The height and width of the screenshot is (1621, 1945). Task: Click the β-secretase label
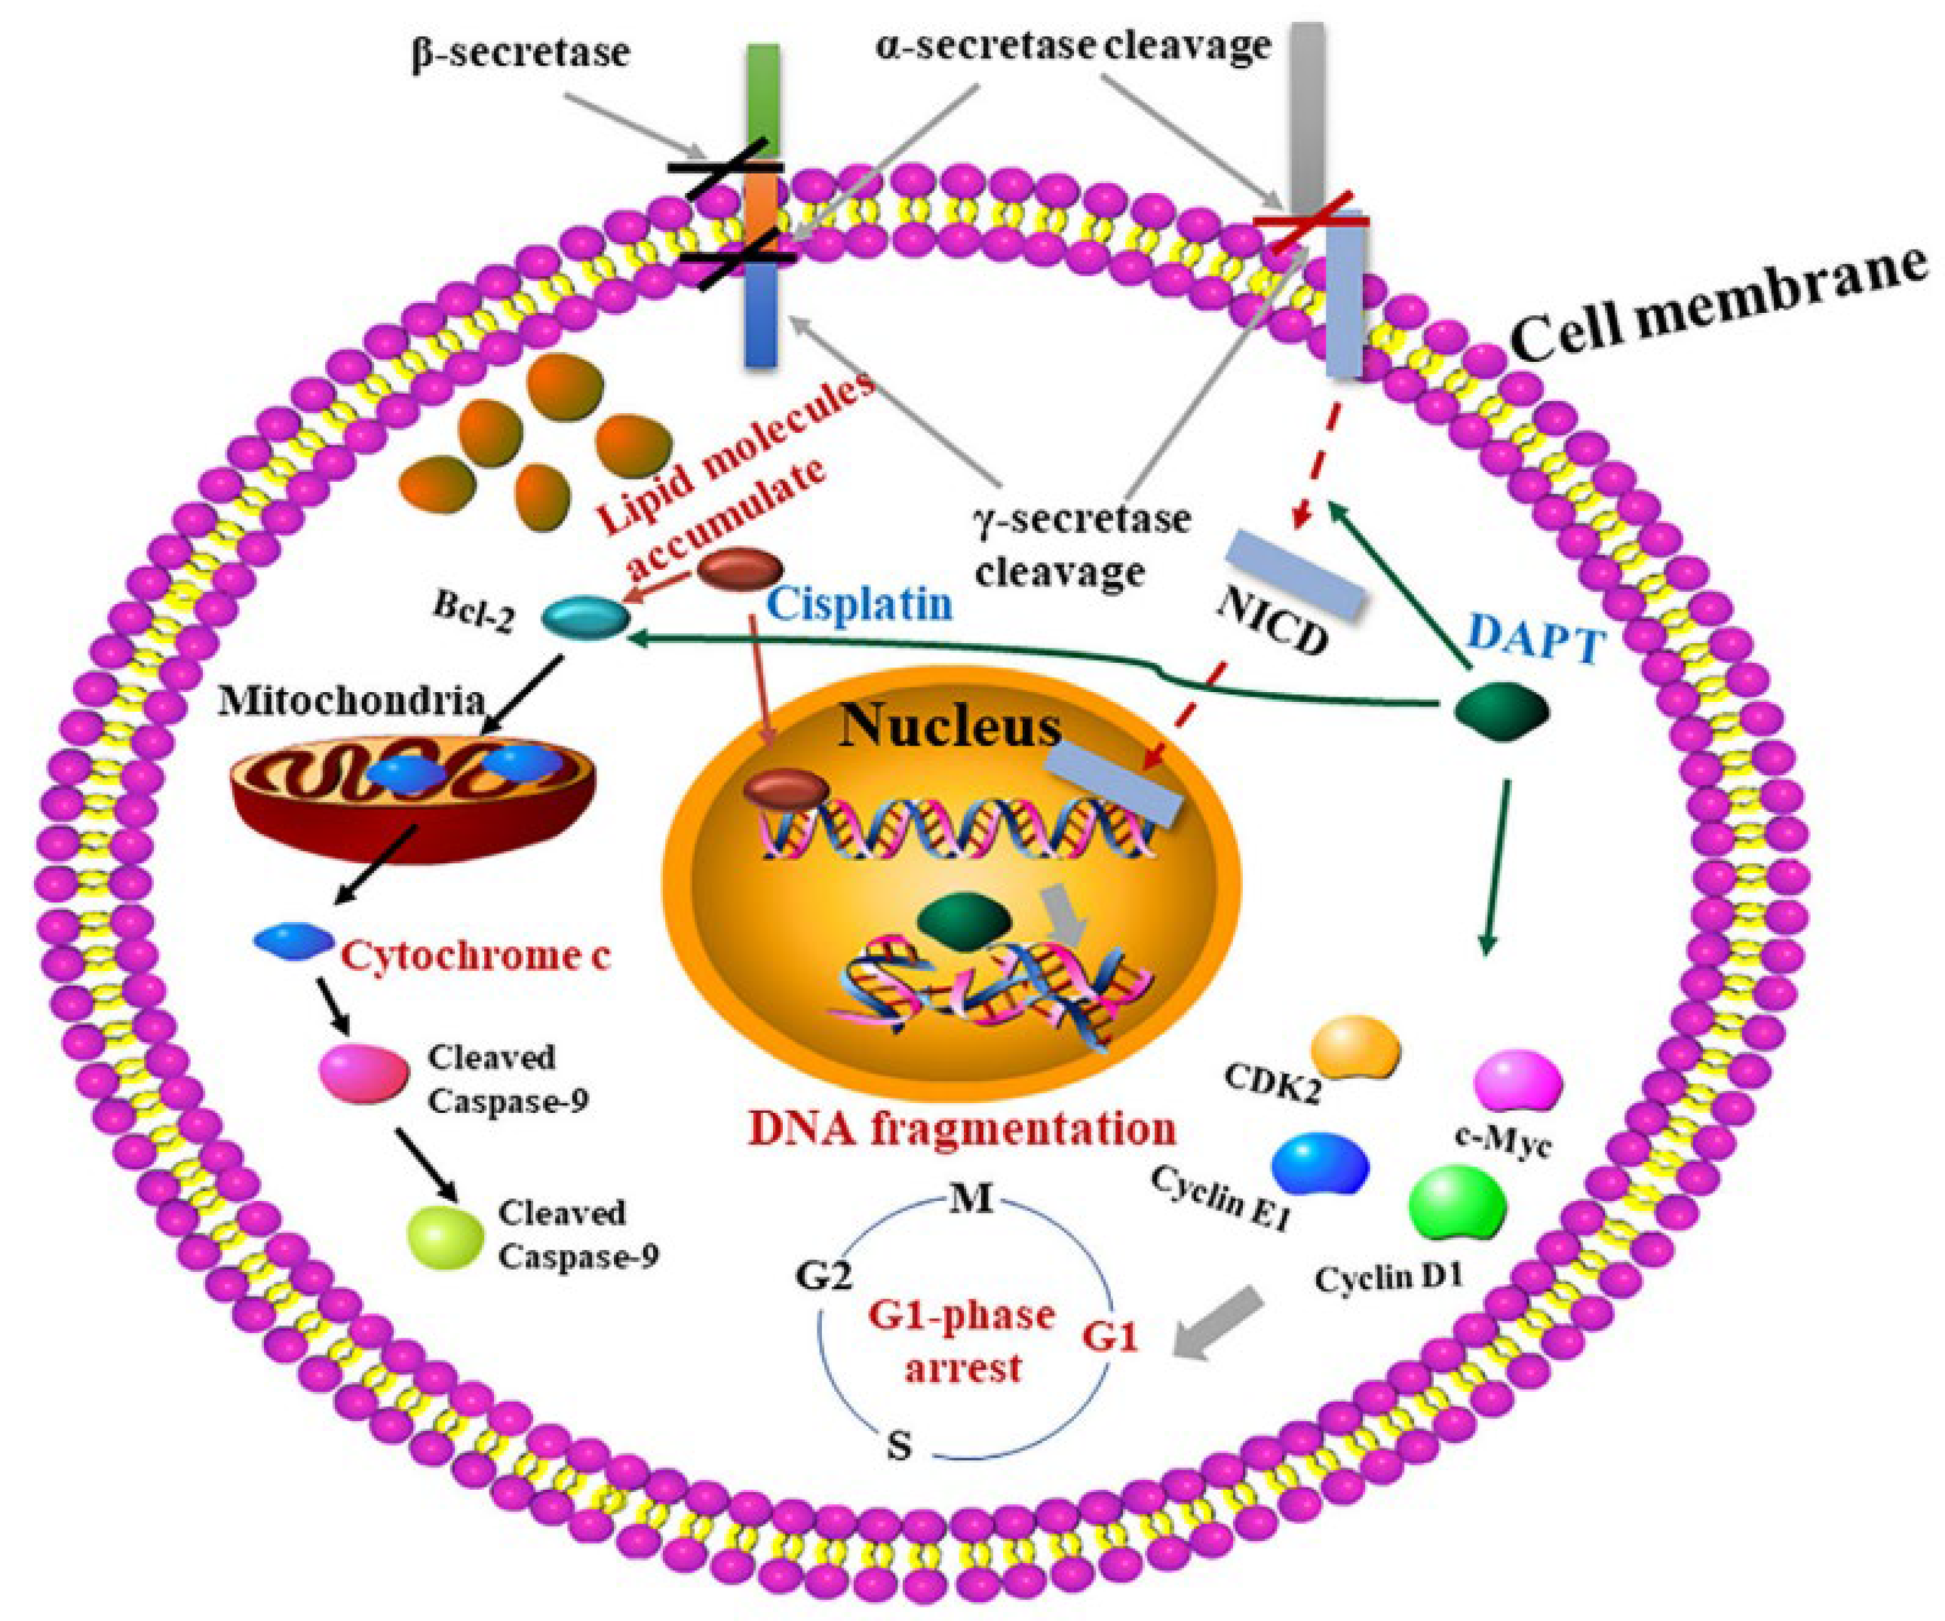(520, 53)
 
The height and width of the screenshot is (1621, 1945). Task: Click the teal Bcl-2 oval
(581, 617)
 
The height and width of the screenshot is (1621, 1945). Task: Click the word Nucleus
(950, 728)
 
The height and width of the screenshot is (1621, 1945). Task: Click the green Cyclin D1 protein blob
(1456, 1203)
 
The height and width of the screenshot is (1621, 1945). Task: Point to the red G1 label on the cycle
(1109, 1338)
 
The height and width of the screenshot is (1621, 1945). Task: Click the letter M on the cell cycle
(971, 1200)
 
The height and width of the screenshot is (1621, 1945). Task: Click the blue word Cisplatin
(861, 605)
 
